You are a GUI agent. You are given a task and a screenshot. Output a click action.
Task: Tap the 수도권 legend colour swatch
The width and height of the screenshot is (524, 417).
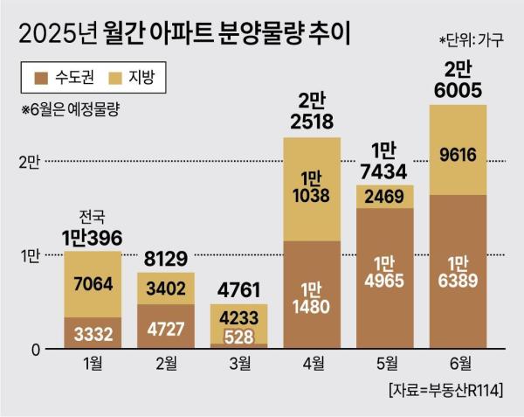[40, 80]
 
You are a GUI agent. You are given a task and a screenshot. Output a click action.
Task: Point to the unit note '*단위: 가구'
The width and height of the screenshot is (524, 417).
[471, 41]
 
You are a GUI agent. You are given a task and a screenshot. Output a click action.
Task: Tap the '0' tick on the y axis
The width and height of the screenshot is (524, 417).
[36, 349]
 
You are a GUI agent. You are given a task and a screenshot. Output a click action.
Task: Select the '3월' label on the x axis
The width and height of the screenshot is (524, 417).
[238, 363]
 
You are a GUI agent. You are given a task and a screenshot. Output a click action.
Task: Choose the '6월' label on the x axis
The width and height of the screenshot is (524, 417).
[458, 363]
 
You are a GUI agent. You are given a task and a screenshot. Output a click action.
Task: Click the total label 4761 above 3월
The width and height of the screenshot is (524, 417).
[238, 291]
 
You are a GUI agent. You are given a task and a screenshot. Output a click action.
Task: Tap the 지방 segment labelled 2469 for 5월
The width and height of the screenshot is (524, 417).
[384, 197]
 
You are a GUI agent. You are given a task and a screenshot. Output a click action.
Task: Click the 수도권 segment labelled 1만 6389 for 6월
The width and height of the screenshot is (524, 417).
[458, 271]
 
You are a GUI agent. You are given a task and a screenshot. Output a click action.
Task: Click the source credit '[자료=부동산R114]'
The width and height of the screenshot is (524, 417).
[448, 388]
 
